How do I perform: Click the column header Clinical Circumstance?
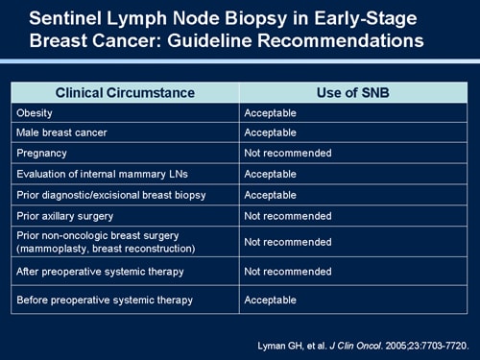(x=125, y=93)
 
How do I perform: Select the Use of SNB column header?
(x=353, y=93)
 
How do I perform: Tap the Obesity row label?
(x=35, y=112)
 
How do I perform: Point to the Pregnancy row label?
(x=42, y=153)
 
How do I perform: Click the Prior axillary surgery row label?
(x=64, y=216)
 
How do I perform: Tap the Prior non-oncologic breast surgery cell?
(x=106, y=242)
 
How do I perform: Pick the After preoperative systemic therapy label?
(x=101, y=272)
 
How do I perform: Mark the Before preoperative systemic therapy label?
(x=105, y=300)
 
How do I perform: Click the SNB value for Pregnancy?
(x=287, y=153)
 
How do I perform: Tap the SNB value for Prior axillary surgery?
(x=287, y=216)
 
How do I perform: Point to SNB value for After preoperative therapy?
(x=287, y=272)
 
